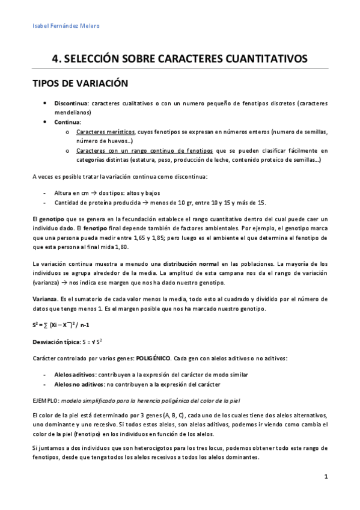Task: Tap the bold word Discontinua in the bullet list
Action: point(72,103)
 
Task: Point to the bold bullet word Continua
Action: point(67,121)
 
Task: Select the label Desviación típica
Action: point(55,342)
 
